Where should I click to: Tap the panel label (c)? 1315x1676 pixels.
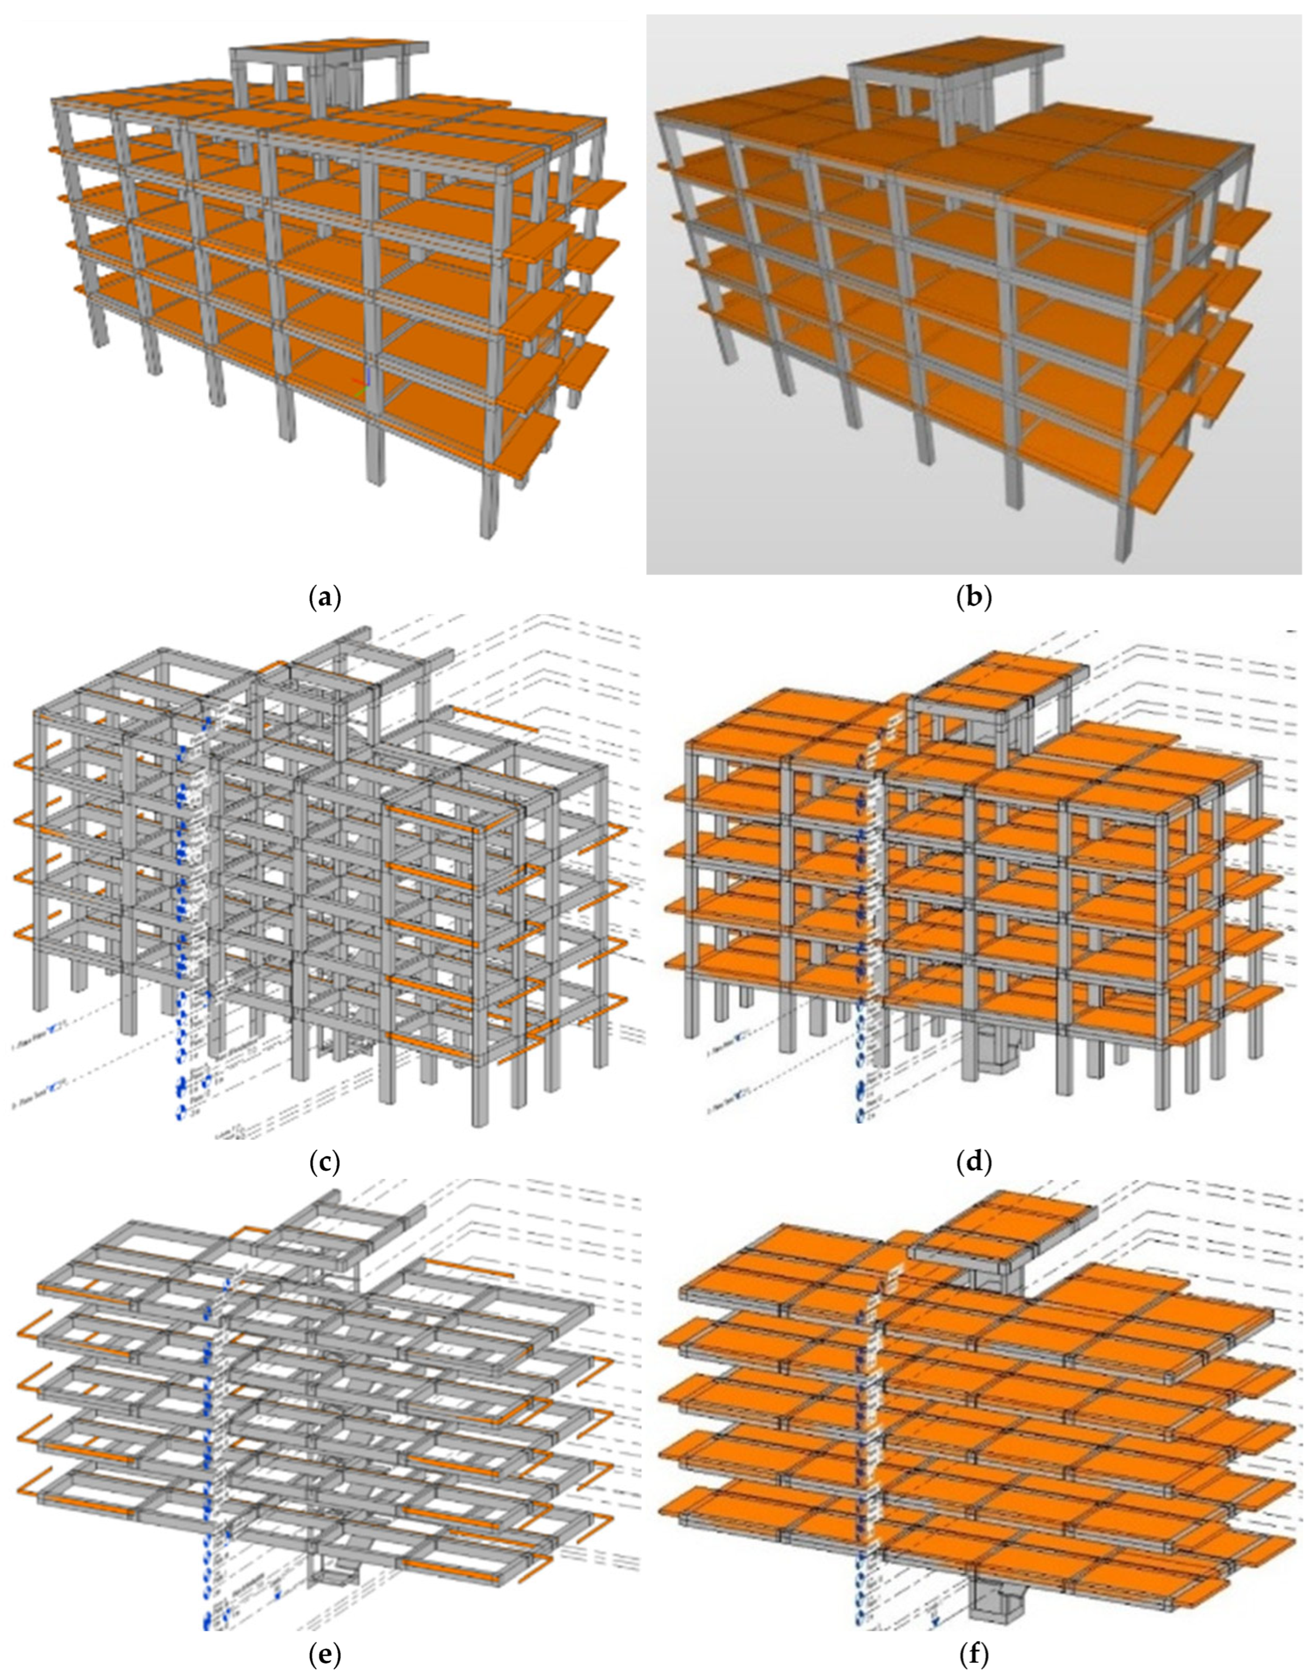click(324, 1162)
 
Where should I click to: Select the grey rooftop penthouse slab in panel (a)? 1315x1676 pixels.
click(330, 55)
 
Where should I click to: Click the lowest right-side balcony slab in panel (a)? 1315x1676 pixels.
click(524, 446)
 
